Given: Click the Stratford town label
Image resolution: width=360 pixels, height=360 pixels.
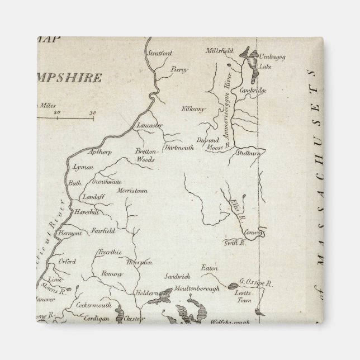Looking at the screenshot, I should (159, 54).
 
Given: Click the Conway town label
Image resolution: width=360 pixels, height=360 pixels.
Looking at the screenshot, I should (253, 234).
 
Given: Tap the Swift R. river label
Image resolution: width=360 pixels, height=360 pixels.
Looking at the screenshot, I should (235, 243).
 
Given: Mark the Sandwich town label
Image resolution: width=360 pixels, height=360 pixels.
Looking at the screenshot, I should (178, 276).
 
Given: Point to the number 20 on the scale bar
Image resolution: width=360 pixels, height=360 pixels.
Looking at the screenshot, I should (56, 113).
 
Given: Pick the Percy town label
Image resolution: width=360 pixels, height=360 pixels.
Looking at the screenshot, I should (180, 69).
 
